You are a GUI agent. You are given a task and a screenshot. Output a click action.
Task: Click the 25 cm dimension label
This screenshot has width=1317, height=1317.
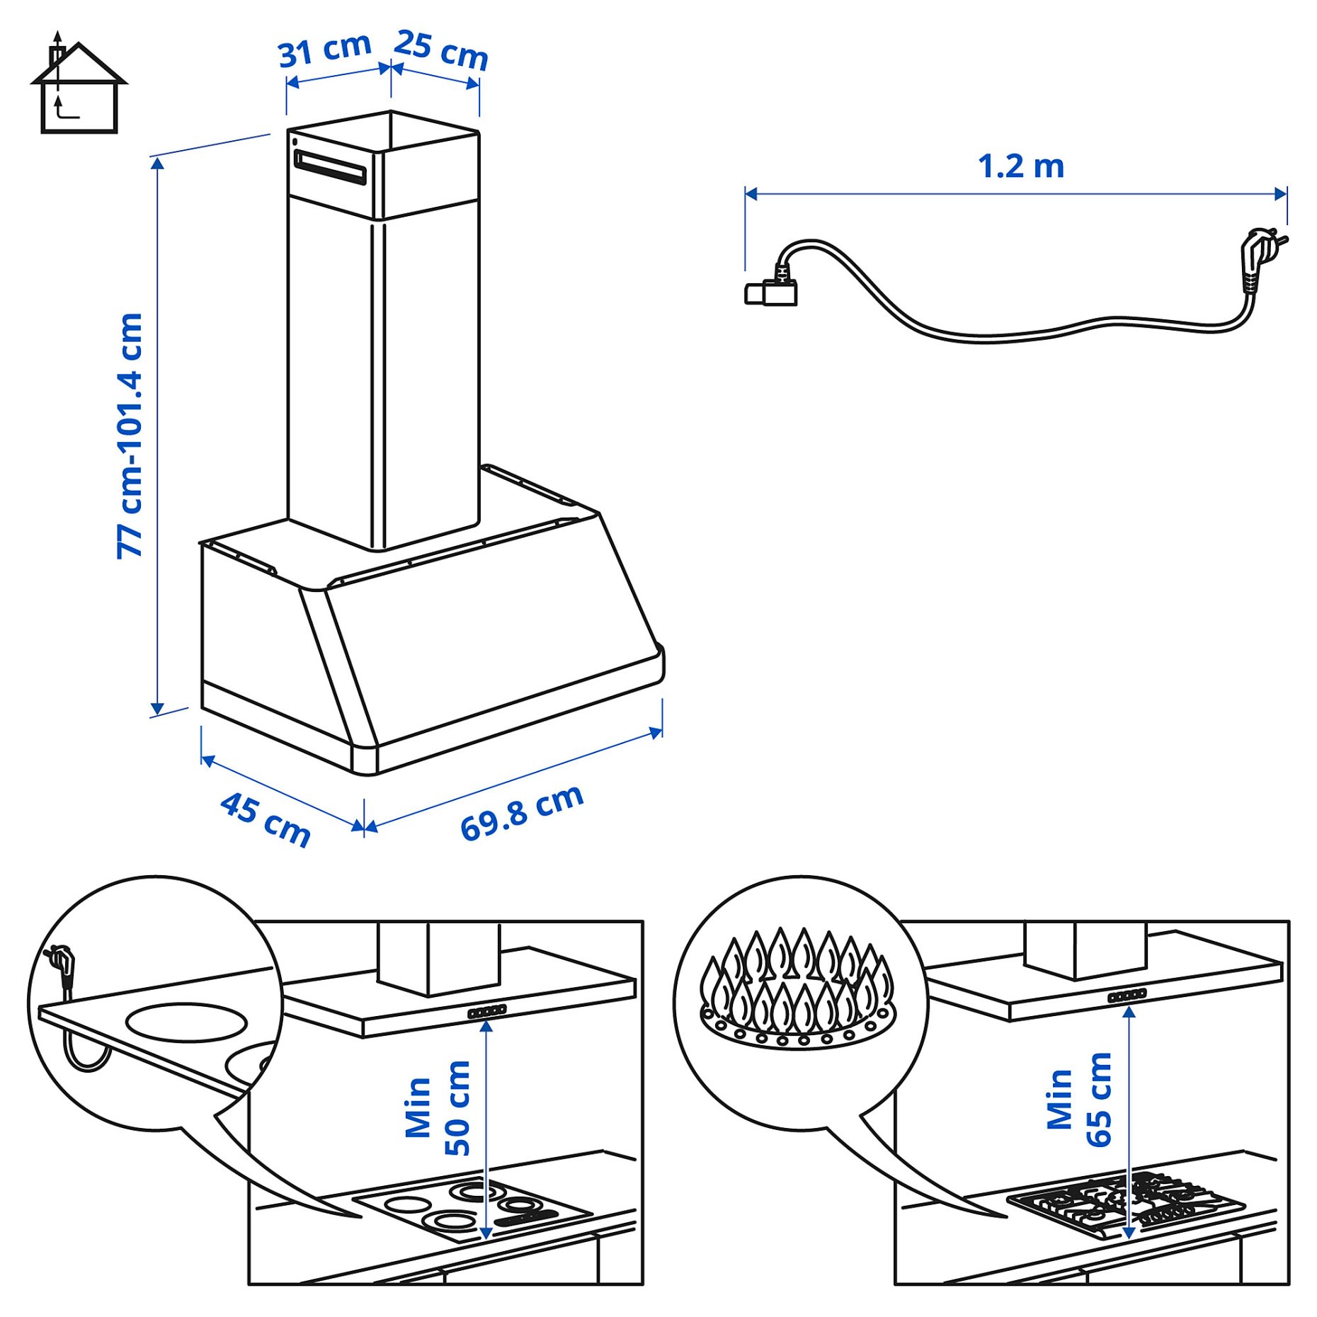[x=440, y=50]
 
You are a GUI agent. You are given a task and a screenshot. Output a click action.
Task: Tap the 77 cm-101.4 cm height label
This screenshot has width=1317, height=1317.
[x=130, y=435]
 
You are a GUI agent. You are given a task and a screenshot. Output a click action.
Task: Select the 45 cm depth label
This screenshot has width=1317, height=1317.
[x=266, y=819]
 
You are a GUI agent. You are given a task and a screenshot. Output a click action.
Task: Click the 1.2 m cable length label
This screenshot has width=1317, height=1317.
[x=1020, y=167]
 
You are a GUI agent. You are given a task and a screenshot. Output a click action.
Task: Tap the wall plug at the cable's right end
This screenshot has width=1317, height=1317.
[x=1260, y=251]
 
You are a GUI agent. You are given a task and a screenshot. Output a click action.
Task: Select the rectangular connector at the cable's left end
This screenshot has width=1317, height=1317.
[x=770, y=292]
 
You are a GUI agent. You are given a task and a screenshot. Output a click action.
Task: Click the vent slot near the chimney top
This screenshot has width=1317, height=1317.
[x=330, y=167]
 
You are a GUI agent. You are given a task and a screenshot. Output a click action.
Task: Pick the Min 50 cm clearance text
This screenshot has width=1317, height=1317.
[x=438, y=1108]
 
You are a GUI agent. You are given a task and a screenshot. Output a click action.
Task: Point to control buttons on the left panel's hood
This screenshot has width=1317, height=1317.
[x=487, y=1012]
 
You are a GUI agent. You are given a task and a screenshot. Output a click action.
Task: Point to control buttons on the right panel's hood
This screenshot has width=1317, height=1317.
[x=1127, y=996]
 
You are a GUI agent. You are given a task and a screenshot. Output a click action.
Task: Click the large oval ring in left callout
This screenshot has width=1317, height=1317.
[x=186, y=1022]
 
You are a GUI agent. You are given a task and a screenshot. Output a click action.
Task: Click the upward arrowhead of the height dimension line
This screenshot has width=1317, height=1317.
[x=157, y=164]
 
